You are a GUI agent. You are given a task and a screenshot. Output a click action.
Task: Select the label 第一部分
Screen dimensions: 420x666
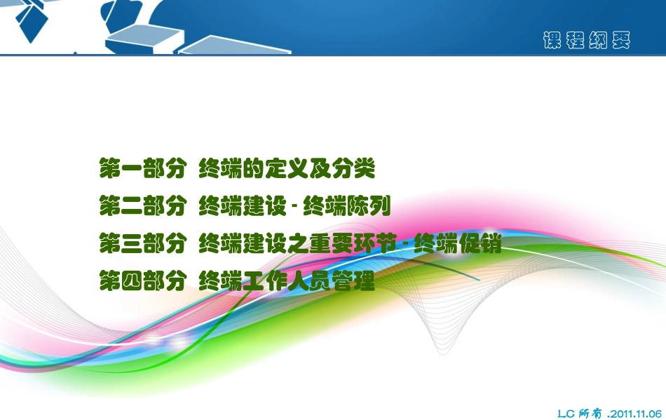coord(142,169)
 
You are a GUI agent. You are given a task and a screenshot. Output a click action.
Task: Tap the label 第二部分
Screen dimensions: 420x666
coord(142,207)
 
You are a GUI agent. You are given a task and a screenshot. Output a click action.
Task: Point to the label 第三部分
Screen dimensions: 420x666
coord(142,244)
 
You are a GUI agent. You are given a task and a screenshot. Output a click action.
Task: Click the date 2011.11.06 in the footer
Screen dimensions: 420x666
coord(637,414)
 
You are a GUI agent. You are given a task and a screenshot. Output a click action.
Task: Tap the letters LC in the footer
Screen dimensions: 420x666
coord(566,414)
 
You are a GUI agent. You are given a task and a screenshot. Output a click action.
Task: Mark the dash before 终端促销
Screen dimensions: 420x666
coord(405,245)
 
